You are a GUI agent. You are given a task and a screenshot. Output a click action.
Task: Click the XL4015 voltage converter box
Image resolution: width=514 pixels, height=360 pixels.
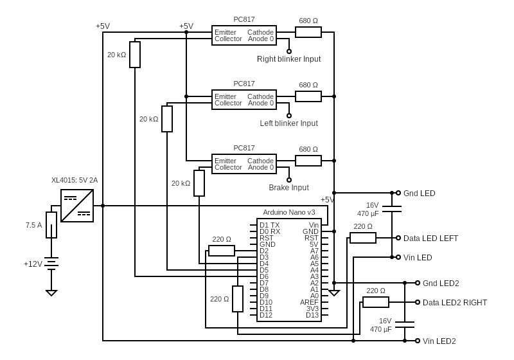tap(77, 206)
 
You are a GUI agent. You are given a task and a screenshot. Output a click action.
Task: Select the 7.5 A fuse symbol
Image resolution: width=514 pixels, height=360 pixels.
tap(51, 225)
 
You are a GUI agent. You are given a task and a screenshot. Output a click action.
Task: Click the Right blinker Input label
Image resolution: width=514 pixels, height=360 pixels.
tap(288, 59)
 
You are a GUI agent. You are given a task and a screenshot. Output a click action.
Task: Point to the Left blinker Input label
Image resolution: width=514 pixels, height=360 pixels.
tap(288, 123)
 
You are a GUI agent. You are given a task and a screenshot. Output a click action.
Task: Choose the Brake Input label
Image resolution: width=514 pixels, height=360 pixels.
tap(288, 188)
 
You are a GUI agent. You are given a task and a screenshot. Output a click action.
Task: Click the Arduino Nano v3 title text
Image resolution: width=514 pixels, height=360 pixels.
tap(288, 212)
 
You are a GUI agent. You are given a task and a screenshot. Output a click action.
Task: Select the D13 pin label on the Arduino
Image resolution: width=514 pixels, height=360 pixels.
tap(312, 315)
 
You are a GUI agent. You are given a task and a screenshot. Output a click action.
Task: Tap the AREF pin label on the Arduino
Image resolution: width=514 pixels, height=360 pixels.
tap(309, 302)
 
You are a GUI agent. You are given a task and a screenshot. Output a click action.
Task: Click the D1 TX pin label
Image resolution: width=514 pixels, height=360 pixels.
tap(269, 225)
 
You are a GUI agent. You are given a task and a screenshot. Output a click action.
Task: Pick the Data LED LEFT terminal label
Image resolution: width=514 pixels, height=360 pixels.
tap(430, 238)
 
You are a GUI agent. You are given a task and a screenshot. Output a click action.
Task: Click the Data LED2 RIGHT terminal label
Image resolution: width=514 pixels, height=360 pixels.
tap(454, 302)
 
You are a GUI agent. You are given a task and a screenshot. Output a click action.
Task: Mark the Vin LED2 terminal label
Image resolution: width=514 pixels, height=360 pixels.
tap(439, 341)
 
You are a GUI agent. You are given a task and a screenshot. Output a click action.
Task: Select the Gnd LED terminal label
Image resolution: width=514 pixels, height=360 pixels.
tap(419, 193)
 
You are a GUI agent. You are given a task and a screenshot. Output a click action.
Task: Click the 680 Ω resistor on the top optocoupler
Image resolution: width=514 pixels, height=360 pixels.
tap(308, 32)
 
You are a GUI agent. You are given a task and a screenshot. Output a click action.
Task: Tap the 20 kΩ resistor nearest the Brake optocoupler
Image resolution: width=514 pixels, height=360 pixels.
tap(199, 183)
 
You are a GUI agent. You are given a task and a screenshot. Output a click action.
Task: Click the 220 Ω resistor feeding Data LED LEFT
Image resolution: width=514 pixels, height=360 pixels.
tap(363, 238)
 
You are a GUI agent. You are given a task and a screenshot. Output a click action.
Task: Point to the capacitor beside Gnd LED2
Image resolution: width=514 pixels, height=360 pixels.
tap(405, 324)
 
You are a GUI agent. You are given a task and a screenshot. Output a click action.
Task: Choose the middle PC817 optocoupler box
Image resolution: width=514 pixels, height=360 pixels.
tap(244, 100)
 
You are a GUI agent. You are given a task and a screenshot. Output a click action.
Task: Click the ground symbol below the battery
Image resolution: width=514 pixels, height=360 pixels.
tap(51, 292)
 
